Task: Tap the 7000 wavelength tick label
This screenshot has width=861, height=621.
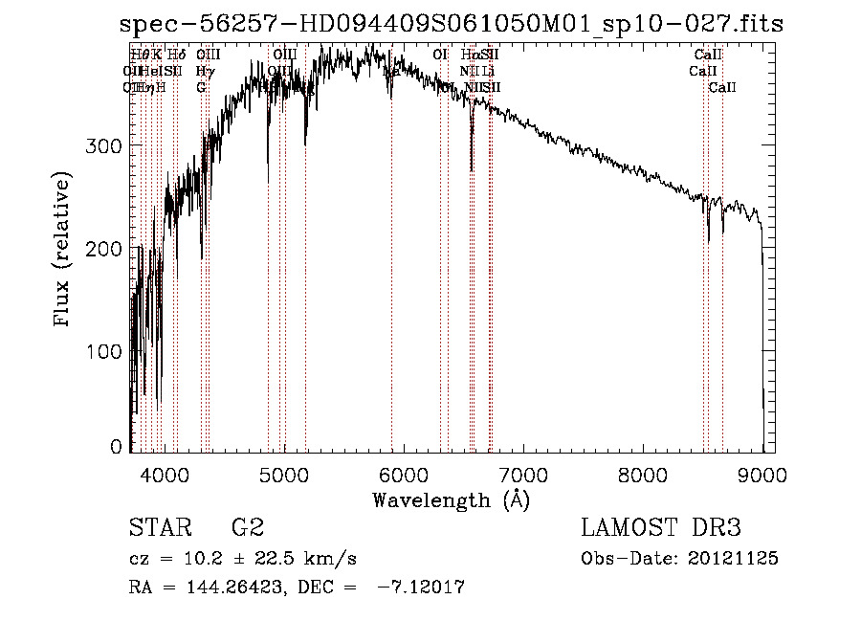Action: click(x=523, y=474)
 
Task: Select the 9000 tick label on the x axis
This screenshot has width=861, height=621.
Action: click(x=762, y=474)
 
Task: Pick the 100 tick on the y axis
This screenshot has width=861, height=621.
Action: click(x=108, y=352)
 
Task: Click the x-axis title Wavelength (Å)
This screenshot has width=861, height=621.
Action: click(x=451, y=499)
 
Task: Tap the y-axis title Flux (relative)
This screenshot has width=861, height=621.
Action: click(x=64, y=251)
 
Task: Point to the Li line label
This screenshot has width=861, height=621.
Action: click(x=488, y=71)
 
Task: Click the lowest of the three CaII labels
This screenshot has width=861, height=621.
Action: click(x=722, y=87)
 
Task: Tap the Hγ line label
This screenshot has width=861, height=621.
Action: click(x=205, y=71)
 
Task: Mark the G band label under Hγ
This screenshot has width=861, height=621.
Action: click(x=201, y=87)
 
